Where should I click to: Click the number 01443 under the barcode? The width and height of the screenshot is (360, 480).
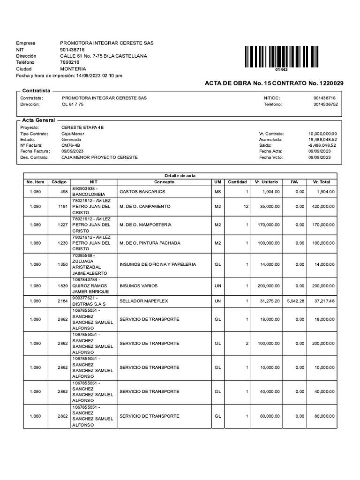point(281,69)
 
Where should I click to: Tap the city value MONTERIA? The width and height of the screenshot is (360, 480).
point(73,68)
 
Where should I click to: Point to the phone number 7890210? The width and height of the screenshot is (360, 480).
point(70,62)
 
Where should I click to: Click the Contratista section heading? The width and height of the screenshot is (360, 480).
point(37,90)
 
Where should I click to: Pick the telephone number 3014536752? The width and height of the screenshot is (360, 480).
point(325,105)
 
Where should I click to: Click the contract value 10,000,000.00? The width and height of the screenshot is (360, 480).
point(322,134)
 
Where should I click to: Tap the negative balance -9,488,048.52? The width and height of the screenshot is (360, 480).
point(322,146)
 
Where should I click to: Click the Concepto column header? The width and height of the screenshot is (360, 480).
point(164,182)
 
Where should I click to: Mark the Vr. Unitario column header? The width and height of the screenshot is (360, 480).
point(267,182)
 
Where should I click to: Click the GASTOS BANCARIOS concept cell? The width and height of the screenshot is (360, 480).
point(142,192)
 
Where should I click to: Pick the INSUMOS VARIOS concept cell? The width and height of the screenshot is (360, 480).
point(138,285)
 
